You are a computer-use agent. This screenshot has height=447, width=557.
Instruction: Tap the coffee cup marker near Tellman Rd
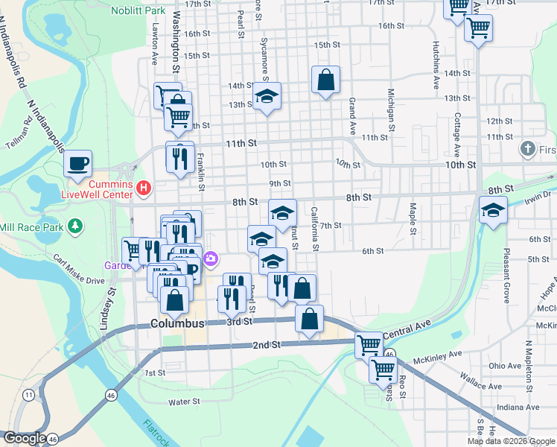pyautogui.click(x=78, y=163)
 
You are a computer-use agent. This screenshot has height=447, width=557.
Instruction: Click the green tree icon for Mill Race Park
pyautogui.click(x=74, y=226)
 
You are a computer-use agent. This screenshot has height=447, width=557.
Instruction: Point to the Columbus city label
pyautogui.click(x=176, y=324)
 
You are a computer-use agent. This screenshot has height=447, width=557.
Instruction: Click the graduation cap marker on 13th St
pyautogui.click(x=267, y=96)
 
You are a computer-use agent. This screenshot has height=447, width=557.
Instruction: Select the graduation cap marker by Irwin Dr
pyautogui.click(x=492, y=211)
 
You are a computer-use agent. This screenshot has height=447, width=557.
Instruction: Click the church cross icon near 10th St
pyautogui.click(x=529, y=149)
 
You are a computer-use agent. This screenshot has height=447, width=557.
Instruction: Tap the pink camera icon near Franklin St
pyautogui.click(x=211, y=259)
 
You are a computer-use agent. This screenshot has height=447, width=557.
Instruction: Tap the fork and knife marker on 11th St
pyautogui.click(x=180, y=157)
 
